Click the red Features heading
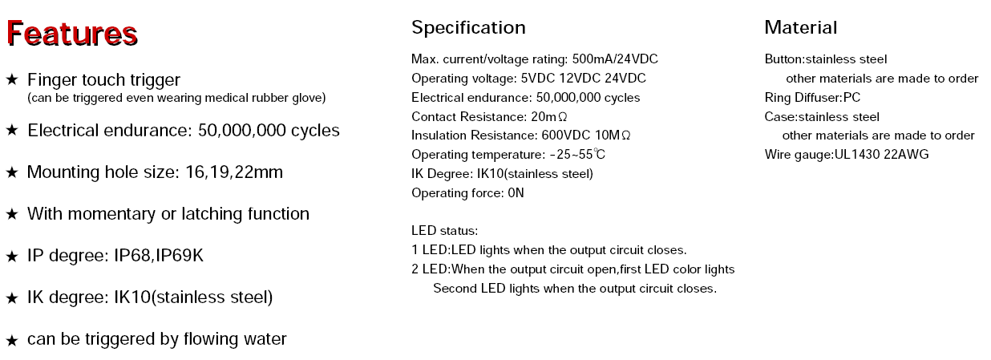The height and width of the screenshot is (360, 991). pos(72,34)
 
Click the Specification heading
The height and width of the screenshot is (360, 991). pos(468,28)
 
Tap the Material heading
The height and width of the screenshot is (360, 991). pos(801,27)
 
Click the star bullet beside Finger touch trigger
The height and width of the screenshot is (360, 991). pos(12,79)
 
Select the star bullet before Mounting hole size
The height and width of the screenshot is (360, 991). pos(12,172)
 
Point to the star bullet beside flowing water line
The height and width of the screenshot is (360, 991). pos(12,340)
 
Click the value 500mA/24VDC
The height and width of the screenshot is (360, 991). pos(615,59)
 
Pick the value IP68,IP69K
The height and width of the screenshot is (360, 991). pos(159,256)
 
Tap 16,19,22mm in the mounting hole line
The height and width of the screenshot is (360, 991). pos(234,172)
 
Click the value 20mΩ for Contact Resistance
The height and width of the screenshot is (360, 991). pos(549,117)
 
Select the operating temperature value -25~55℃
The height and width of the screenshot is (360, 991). pos(577,155)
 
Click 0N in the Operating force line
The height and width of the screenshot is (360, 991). pos(516,192)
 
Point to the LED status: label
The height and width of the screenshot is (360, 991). pos(445,230)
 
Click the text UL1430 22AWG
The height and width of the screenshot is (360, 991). pos(881,155)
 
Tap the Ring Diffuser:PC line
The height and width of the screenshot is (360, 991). pos(812,98)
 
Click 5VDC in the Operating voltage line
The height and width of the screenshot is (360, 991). pos(537,79)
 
